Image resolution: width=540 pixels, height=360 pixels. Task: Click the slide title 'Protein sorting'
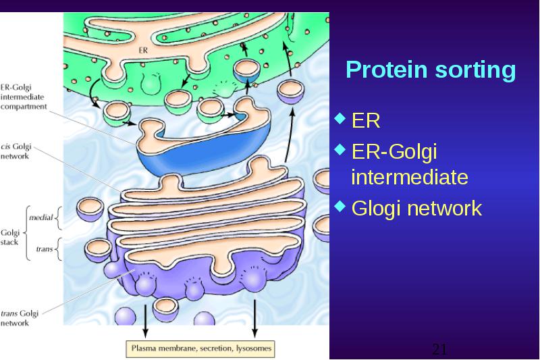pyautogui.click(x=431, y=70)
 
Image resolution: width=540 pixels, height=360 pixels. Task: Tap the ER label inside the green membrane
pyautogui.click(x=143, y=50)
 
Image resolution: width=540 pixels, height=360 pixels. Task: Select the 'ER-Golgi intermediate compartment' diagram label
pyautogui.click(x=24, y=97)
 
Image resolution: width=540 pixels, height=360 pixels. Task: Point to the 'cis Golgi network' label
pyautogui.click(x=16, y=151)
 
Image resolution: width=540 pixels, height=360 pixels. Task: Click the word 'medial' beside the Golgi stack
pyautogui.click(x=41, y=217)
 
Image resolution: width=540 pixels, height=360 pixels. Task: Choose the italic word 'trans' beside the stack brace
pyautogui.click(x=45, y=249)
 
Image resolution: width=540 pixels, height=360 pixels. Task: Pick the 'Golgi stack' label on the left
pyautogui.click(x=9, y=237)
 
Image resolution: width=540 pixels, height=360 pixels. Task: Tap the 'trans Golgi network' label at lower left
pyautogui.click(x=20, y=318)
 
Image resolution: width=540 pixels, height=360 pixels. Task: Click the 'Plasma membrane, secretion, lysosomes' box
pyautogui.click(x=200, y=349)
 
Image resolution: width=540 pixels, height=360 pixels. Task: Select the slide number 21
pyautogui.click(x=439, y=349)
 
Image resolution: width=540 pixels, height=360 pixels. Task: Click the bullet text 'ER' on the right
pyautogui.click(x=366, y=121)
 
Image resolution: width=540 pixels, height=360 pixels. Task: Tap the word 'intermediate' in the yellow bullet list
pyautogui.click(x=410, y=177)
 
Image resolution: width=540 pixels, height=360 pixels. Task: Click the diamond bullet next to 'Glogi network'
pyautogui.click(x=340, y=206)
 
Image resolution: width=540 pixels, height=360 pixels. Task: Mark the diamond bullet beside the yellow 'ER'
pyautogui.click(x=340, y=118)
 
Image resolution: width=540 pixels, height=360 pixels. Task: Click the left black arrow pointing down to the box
pyautogui.click(x=145, y=321)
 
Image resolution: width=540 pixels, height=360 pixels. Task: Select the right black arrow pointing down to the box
pyautogui.click(x=254, y=319)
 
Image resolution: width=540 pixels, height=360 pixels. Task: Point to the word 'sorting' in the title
pyautogui.click(x=476, y=71)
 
